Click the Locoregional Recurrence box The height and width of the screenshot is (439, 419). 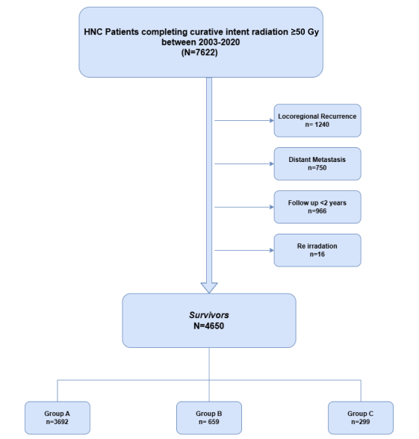pyautogui.click(x=317, y=120)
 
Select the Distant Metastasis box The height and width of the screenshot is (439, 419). pyautogui.click(x=317, y=164)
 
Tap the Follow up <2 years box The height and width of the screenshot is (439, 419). pyautogui.click(x=317, y=207)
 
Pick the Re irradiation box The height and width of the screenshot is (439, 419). pyautogui.click(x=317, y=250)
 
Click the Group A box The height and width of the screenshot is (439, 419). pyautogui.click(x=58, y=418)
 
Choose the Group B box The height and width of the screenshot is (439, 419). pyautogui.click(x=209, y=418)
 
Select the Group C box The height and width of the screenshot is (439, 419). pyautogui.click(x=361, y=418)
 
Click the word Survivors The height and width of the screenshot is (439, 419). pyautogui.click(x=209, y=315)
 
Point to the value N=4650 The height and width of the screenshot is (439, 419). pyautogui.click(x=209, y=326)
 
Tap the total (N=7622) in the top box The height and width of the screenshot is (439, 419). pyautogui.click(x=199, y=52)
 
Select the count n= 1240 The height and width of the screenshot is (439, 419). pyautogui.click(x=317, y=125)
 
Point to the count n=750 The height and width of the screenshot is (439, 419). pyautogui.click(x=317, y=168)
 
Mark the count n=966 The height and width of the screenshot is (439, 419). pyautogui.click(x=317, y=211)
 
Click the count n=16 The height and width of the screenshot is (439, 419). pyautogui.click(x=317, y=254)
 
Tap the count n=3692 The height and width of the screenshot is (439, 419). pyautogui.click(x=57, y=422)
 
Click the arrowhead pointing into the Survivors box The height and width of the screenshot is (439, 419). pyautogui.click(x=209, y=288)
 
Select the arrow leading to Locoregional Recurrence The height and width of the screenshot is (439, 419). pyautogui.click(x=244, y=120)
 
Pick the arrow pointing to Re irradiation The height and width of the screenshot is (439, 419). pyautogui.click(x=244, y=250)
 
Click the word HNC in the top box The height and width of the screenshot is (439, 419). pyautogui.click(x=93, y=32)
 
